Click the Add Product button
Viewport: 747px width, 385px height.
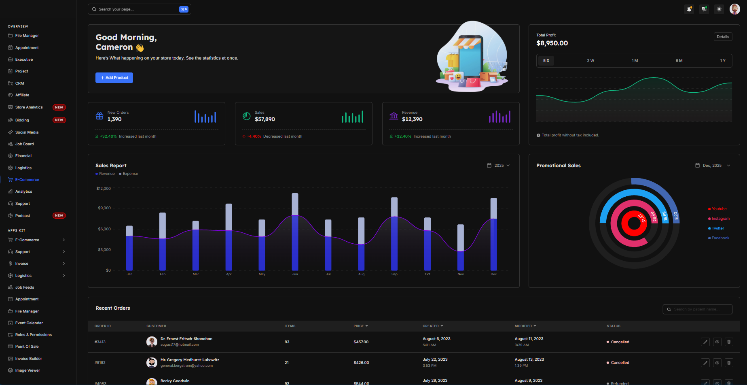pos(114,78)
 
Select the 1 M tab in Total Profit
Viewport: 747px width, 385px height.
pos(635,61)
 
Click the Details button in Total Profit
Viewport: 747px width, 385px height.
pos(723,37)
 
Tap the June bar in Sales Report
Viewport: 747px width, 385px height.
pos(295,232)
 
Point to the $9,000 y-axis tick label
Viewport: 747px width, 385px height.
pos(104,208)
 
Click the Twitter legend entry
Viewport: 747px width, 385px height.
pos(717,228)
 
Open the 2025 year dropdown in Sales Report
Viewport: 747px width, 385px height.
pos(499,166)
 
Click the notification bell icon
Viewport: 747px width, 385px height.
pos(689,9)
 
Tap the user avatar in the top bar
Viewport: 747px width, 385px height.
pos(734,9)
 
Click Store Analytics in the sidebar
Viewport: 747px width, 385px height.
pos(29,107)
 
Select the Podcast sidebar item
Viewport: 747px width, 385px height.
pos(23,216)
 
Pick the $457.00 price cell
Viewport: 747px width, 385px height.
pos(361,342)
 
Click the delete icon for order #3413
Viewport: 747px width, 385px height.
pos(729,342)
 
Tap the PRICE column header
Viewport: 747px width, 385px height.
pos(360,326)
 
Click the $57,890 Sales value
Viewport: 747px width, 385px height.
pos(265,119)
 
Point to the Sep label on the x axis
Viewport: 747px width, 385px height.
pos(394,274)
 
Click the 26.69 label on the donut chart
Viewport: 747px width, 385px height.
pos(654,217)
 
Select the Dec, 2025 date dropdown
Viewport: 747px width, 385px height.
pos(713,166)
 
